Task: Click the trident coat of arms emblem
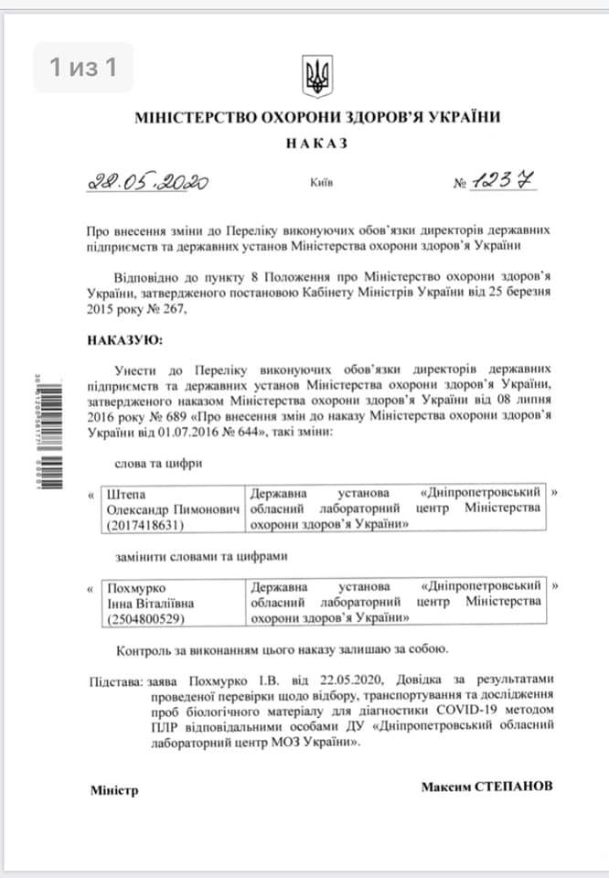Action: click(x=317, y=75)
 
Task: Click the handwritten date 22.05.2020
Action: click(x=147, y=181)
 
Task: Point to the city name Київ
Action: click(x=322, y=183)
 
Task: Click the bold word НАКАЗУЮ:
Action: click(x=124, y=340)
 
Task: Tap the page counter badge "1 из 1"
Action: click(x=83, y=67)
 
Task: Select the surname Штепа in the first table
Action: click(x=127, y=493)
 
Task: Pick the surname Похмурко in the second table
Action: click(x=139, y=585)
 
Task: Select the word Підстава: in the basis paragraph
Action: click(x=116, y=681)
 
